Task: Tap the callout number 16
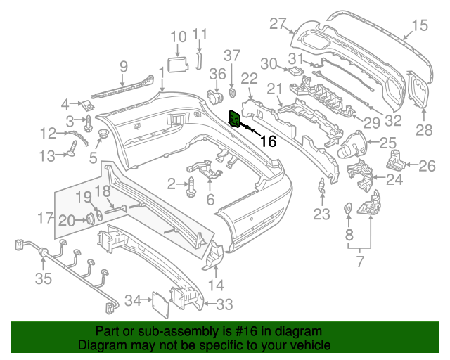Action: coord(268,141)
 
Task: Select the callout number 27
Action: coord(279,24)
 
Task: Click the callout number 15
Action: coord(419,27)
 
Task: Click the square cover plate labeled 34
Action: coord(161,307)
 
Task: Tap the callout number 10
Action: coord(179,36)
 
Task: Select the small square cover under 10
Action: coord(179,64)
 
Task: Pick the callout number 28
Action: coord(424,129)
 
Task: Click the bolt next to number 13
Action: coord(72,148)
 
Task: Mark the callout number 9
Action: coord(123,67)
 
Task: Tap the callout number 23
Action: coord(321,214)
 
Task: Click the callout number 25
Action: coord(388,144)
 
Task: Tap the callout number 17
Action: coord(46,218)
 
